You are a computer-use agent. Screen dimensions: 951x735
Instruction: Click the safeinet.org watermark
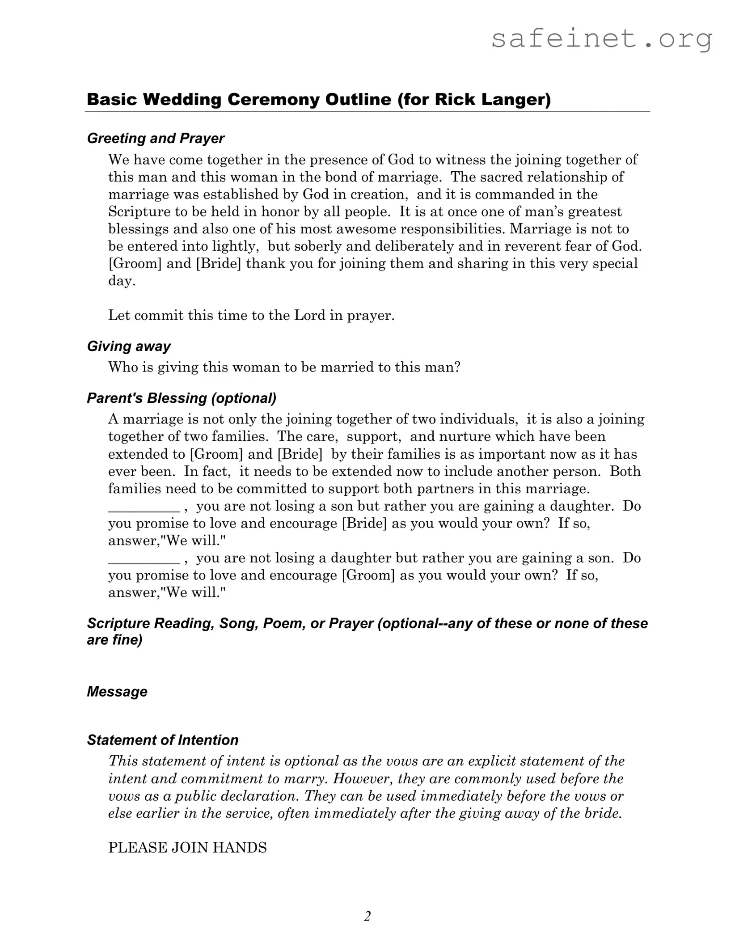601,39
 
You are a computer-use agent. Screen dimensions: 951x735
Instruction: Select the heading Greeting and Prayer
155,139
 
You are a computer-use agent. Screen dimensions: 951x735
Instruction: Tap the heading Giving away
129,347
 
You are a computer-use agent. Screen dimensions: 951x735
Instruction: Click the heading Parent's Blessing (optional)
182,398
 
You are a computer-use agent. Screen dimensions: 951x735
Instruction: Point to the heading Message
117,692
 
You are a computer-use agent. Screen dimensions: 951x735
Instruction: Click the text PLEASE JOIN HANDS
187,847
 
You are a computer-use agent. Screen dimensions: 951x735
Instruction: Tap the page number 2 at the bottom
367,916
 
